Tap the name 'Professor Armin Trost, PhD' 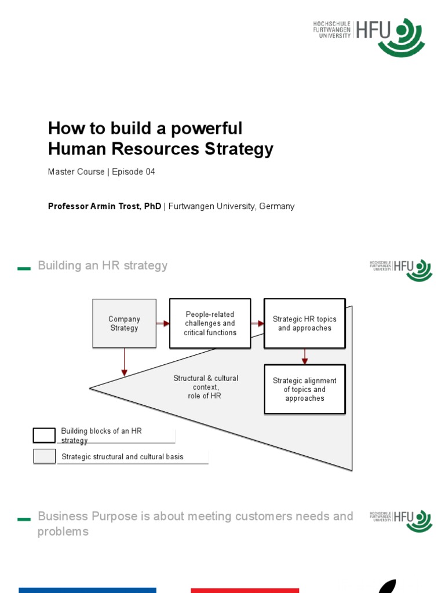pos(104,206)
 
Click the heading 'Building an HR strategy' pos(103,266)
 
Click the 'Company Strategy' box pos(124,323)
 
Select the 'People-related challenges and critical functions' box pos(210,323)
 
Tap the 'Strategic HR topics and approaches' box pos(304,323)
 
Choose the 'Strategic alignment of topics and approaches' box pos(304,389)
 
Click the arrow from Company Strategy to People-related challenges pos(163,324)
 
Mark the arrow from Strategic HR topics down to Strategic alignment pos(304,356)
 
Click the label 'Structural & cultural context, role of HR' pos(206,387)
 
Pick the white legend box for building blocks pos(44,434)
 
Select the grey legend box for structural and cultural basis pos(44,456)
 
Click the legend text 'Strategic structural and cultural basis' pos(122,457)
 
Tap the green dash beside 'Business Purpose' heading pos(24,519)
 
